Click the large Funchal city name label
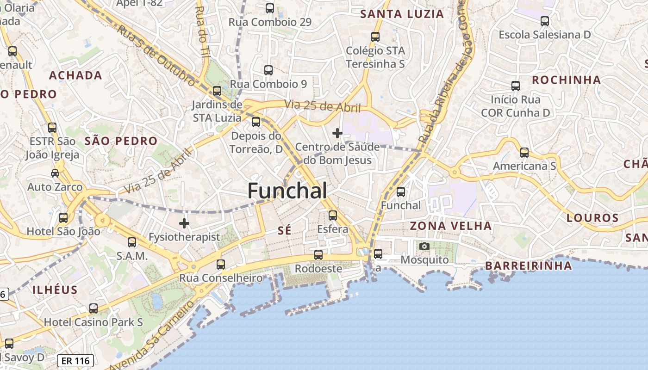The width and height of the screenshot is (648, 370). (287, 191)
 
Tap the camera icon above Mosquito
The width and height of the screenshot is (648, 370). (424, 246)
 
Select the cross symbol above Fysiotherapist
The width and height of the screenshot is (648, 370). (184, 223)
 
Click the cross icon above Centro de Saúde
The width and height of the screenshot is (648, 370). (337, 133)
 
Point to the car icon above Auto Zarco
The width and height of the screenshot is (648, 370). (55, 173)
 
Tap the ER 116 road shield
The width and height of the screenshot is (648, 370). (76, 361)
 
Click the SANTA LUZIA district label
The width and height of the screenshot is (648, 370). (402, 14)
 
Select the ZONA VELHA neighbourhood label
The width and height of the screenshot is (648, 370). (451, 226)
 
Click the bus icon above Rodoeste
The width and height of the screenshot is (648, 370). (318, 255)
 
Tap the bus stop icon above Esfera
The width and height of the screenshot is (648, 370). (332, 215)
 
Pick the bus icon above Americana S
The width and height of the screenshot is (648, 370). (524, 152)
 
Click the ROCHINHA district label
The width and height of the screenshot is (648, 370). (566, 80)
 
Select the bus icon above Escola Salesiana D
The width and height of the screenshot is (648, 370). (545, 21)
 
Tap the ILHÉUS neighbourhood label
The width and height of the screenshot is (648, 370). (55, 290)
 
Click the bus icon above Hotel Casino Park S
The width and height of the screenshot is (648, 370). (93, 308)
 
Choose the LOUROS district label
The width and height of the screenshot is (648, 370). (592, 218)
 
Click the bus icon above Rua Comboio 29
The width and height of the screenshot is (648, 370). (270, 8)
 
